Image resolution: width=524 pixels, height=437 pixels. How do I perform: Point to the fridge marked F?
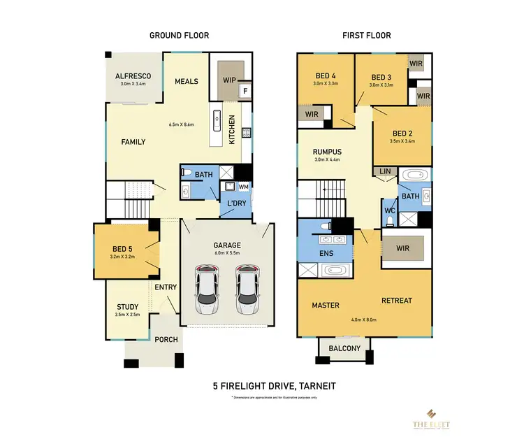pyautogui.click(x=245, y=91)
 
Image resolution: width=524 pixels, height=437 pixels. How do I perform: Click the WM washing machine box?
pyautogui.click(x=243, y=187)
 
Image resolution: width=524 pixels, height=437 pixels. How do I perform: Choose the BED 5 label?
pyautogui.click(x=127, y=248)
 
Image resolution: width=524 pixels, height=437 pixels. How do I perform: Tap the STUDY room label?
pyautogui.click(x=128, y=307)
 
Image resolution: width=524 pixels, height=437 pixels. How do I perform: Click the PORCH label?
pyautogui.click(x=166, y=340)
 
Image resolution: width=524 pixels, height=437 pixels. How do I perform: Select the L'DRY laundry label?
pyautogui.click(x=233, y=203)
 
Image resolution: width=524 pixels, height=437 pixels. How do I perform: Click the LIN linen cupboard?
pyautogui.click(x=385, y=171)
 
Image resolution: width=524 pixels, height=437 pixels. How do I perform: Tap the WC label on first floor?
pyautogui.click(x=389, y=210)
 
